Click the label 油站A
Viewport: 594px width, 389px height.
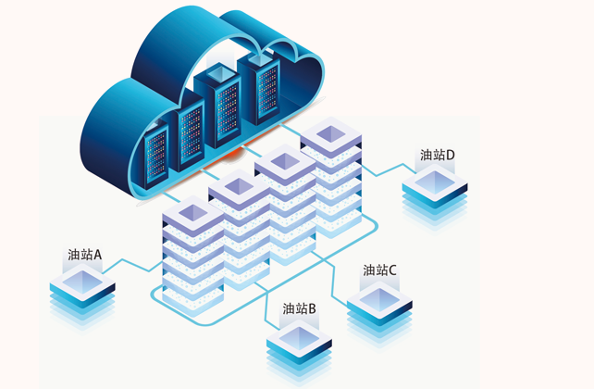pos(84,254)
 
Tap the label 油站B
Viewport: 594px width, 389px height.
pos(300,308)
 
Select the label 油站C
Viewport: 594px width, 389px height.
pos(380,270)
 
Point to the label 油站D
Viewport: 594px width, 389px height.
pos(437,156)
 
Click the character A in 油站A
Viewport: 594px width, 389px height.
pos(97,254)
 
